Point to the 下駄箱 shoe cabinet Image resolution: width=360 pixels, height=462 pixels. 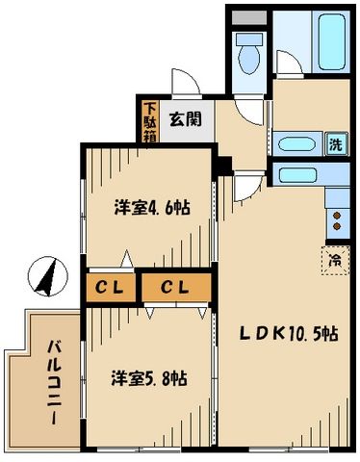151,120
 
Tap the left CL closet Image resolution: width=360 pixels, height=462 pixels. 109,286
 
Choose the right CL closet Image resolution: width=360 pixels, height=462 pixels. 173,286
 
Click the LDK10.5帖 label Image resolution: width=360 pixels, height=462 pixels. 288,334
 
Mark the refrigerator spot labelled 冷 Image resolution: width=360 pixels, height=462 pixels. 334,259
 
